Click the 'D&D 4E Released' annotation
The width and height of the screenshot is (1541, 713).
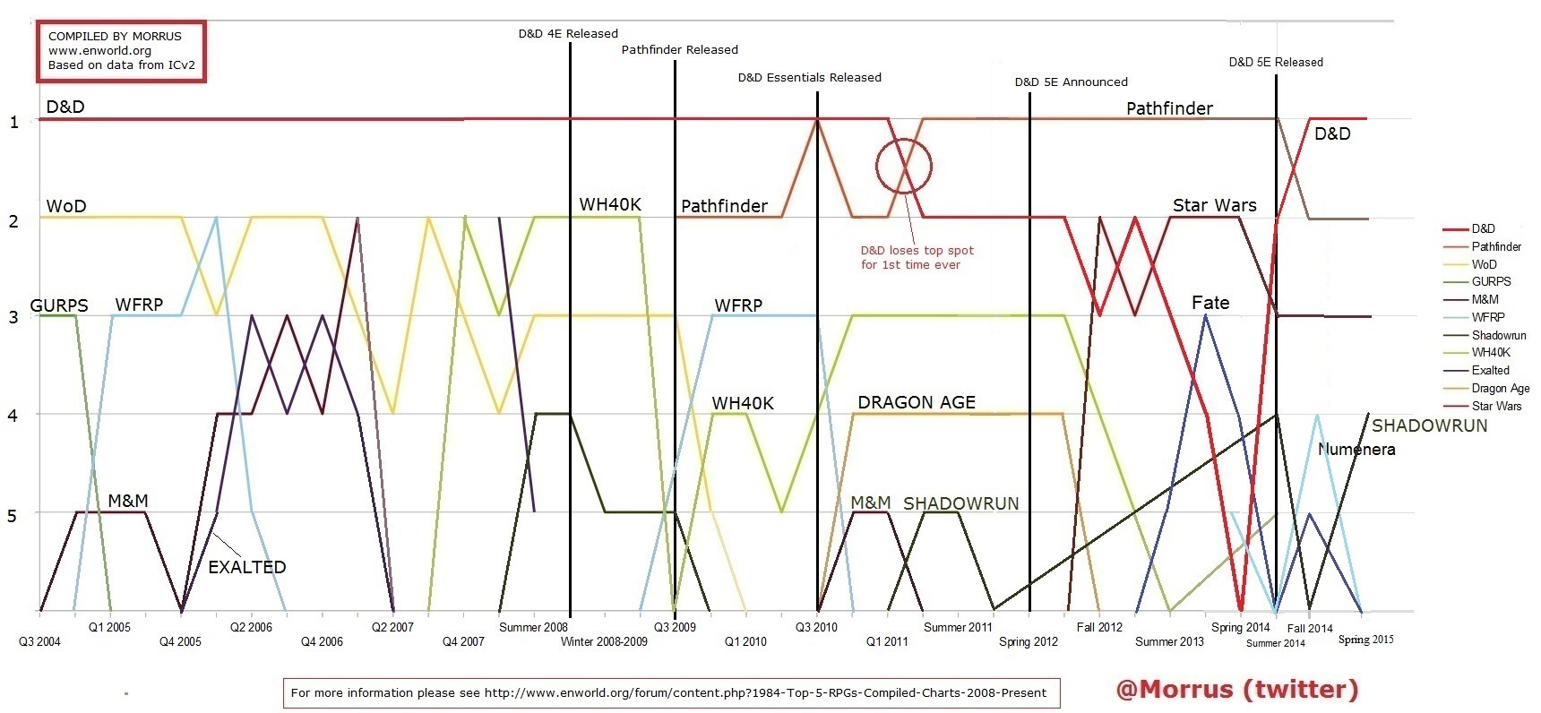[568, 34]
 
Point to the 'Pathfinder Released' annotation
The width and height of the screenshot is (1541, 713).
[679, 50]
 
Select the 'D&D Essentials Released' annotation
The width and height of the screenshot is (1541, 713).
[809, 78]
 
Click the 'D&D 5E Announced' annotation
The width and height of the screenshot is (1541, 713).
[1071, 82]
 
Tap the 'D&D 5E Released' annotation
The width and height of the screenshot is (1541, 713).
[1276, 63]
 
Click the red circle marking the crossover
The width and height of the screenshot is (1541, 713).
[904, 166]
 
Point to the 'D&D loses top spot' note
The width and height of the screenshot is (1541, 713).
[917, 258]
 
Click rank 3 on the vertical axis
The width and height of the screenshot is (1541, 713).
[13, 317]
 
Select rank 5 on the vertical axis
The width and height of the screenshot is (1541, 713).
[12, 516]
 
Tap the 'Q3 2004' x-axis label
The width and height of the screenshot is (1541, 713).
[39, 641]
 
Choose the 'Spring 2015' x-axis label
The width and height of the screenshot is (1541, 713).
[1365, 640]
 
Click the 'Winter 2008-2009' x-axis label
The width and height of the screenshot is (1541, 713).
[604, 641]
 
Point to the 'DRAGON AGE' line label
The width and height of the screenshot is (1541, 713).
[916, 403]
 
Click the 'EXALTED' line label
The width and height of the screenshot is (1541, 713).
[246, 567]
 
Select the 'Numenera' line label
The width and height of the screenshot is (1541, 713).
[1356, 450]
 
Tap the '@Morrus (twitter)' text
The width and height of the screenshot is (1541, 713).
[1236, 689]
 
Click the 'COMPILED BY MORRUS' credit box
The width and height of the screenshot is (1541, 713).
[121, 52]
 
